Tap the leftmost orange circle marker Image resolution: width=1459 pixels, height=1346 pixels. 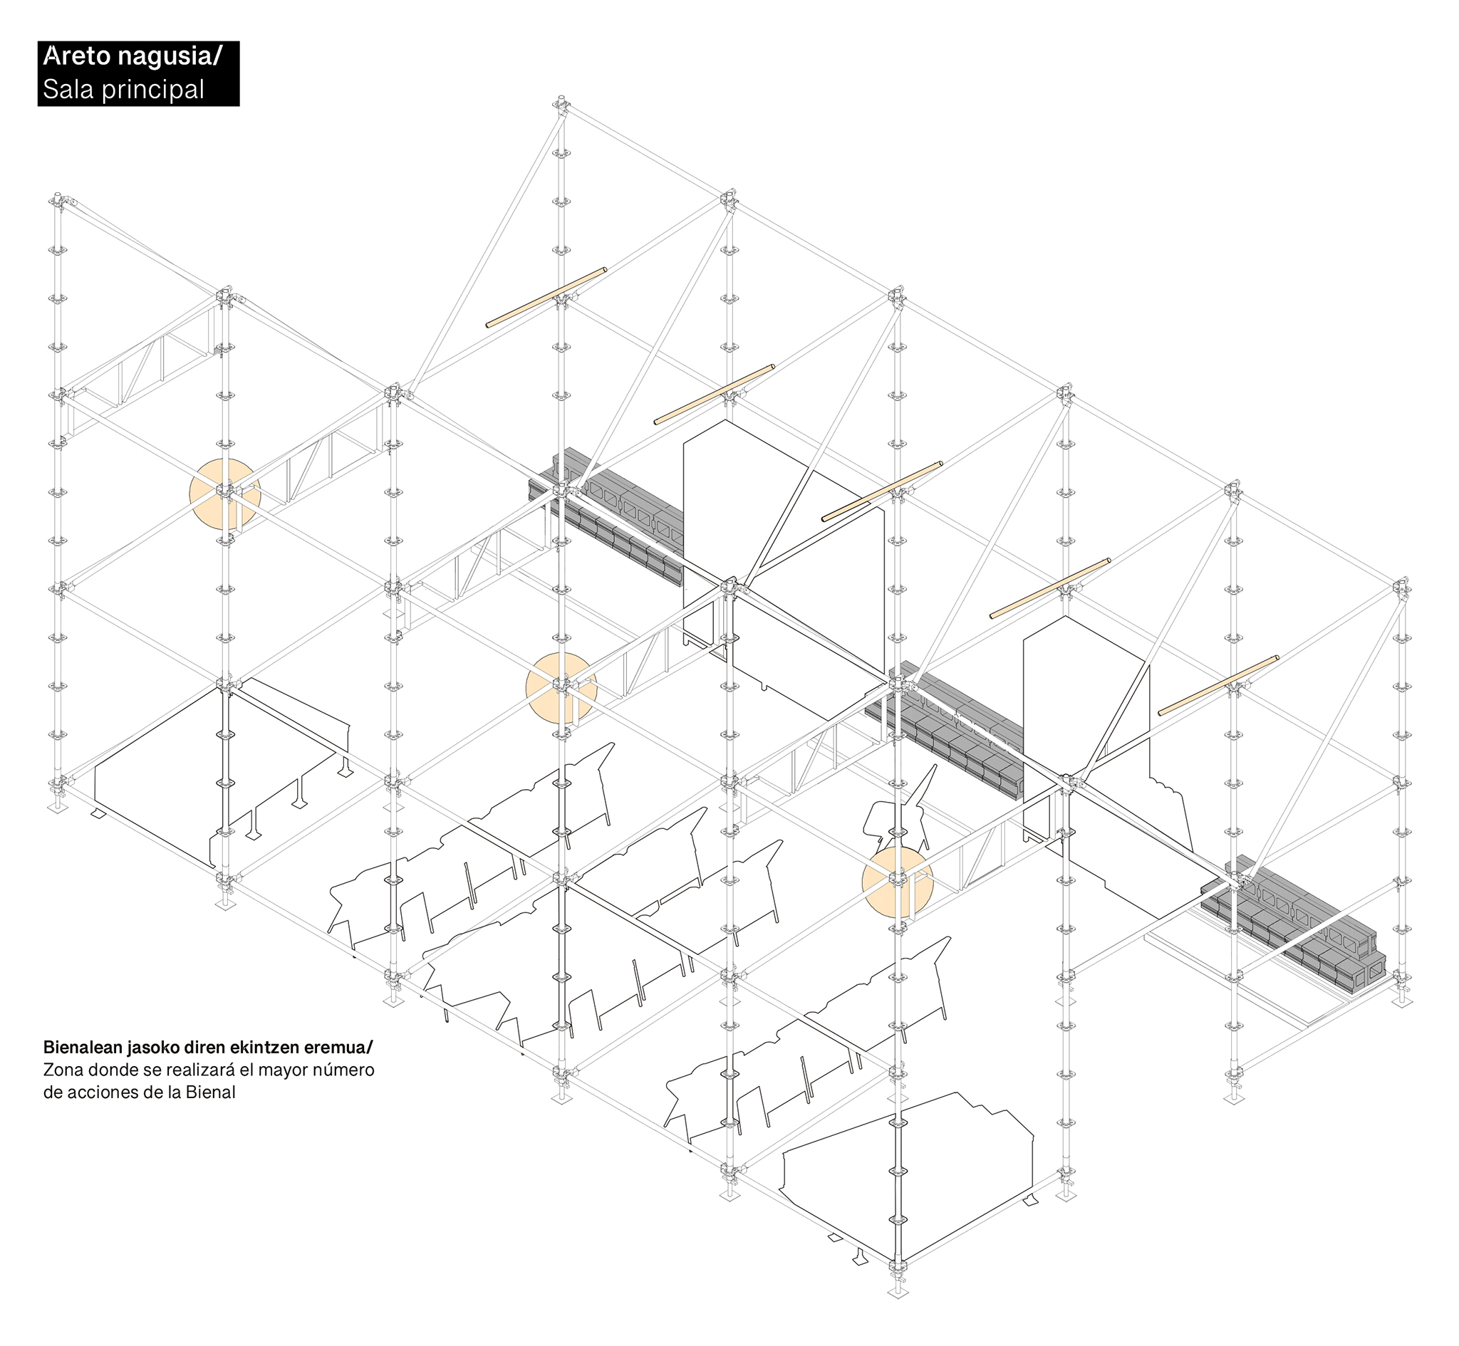coord(225,494)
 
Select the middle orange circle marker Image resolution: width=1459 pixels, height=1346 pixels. coord(561,687)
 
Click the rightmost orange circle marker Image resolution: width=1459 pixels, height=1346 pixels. coord(898,882)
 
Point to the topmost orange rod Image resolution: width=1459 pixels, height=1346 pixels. coord(546,297)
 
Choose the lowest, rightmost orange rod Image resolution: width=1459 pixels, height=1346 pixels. coord(1218,685)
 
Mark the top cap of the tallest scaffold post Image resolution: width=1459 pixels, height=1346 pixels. coord(561,100)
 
